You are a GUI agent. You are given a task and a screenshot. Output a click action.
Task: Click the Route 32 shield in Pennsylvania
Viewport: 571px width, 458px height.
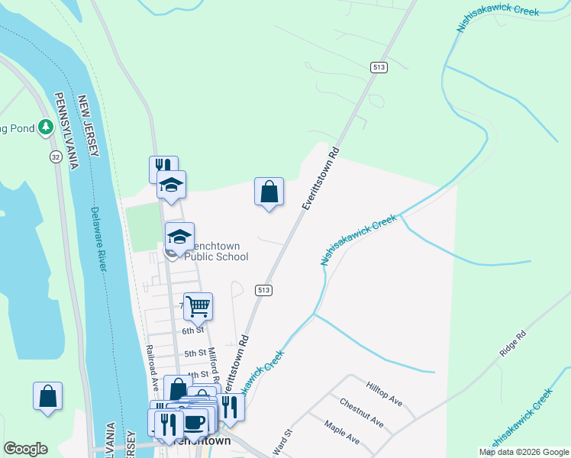(56, 156)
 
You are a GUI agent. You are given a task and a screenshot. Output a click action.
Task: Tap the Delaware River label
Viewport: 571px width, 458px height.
(97, 237)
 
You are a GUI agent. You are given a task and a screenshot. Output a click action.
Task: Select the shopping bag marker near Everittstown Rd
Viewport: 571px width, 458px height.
(269, 192)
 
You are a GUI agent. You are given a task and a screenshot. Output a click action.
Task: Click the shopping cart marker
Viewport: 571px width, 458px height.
(198, 306)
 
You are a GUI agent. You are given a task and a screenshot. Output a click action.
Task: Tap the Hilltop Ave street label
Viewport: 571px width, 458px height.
(384, 394)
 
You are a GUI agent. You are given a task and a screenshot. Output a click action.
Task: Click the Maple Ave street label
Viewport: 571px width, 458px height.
(341, 432)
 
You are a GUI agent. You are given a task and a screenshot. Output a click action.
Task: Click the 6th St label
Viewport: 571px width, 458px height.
(193, 331)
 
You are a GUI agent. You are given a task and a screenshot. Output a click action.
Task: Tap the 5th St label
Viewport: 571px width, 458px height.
(195, 353)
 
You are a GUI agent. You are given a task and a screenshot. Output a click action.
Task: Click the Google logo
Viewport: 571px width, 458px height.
(26, 448)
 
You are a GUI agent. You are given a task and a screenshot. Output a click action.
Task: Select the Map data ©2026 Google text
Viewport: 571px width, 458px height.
(523, 452)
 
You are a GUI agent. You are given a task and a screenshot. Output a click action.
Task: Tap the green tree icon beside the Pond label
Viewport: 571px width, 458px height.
(46, 127)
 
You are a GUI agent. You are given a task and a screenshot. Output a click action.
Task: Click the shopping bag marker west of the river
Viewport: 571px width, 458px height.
(47, 397)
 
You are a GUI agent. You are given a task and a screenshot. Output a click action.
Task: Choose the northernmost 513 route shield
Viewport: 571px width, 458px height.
(378, 68)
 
